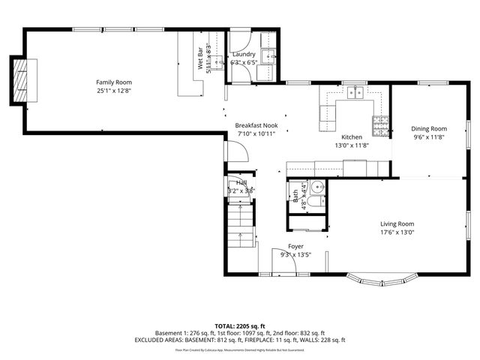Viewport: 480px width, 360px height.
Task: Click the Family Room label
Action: point(113,82)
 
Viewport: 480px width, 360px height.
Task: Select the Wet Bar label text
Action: point(201,61)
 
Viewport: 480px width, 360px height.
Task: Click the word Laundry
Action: point(244,54)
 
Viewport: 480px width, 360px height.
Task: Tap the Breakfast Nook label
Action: point(256,125)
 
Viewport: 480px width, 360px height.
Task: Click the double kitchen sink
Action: point(356,94)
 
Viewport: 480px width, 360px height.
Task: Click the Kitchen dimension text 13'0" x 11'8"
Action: point(352,145)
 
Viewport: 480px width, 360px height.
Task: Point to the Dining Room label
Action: point(429,129)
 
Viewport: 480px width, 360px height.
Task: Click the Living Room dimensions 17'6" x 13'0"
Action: point(397,232)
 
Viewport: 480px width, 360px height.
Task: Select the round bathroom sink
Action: point(318,188)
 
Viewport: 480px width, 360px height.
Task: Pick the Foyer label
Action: point(295,247)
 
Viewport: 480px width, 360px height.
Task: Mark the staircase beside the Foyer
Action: point(241,225)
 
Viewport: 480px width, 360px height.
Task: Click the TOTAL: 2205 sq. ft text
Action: point(240,325)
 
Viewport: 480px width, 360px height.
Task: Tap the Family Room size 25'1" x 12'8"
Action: point(113,90)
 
